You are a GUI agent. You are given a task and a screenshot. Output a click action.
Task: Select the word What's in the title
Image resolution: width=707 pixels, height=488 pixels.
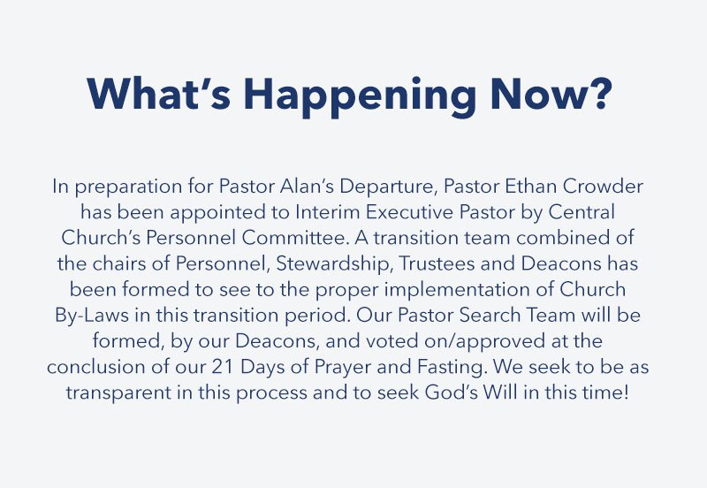click(159, 94)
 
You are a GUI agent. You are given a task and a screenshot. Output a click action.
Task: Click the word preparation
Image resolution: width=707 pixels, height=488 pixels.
click(128, 187)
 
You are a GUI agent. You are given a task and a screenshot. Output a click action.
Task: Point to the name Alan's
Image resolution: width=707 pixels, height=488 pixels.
click(307, 186)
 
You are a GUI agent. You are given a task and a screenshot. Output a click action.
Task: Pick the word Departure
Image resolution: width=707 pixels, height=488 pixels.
click(388, 187)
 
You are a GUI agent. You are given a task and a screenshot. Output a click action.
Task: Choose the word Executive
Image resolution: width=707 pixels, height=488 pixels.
click(409, 212)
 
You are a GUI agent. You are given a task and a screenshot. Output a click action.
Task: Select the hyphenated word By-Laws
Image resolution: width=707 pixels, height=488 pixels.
click(92, 316)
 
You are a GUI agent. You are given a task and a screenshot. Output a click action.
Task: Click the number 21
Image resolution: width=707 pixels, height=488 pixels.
click(223, 367)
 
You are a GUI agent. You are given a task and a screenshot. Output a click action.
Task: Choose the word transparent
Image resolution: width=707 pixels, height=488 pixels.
click(118, 393)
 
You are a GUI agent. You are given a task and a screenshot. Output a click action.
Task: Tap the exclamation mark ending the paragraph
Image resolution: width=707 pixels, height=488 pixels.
click(625, 392)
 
